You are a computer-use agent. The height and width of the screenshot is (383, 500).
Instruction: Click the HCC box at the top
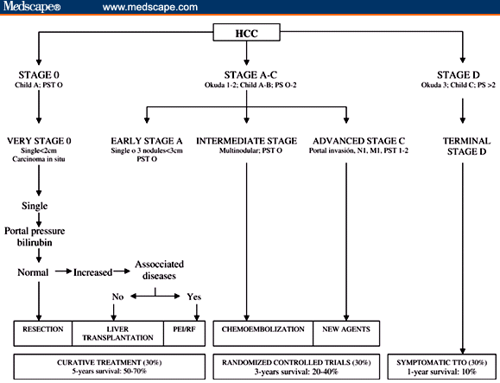point(249,34)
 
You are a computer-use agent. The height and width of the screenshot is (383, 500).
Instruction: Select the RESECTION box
point(40,329)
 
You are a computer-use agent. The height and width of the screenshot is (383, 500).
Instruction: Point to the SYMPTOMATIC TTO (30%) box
point(442,364)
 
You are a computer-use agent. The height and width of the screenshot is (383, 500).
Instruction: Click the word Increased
point(92,272)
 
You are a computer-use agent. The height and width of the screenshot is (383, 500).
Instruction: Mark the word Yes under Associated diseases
point(193,297)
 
